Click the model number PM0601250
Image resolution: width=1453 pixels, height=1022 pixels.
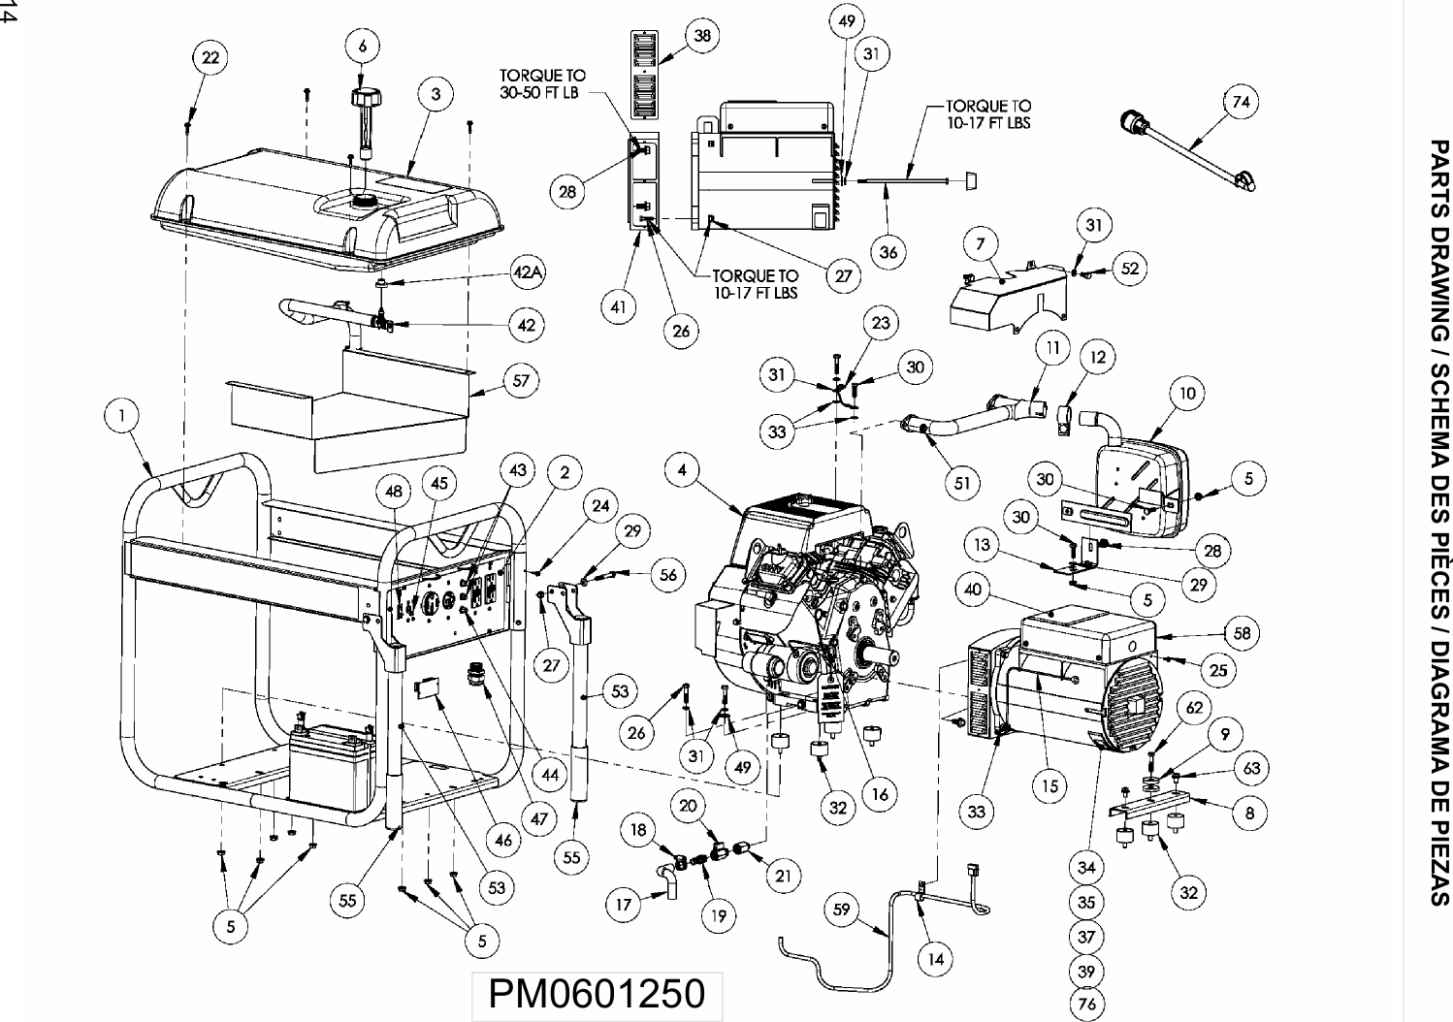pyautogui.click(x=596, y=994)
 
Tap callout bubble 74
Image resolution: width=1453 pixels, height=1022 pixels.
pyautogui.click(x=1241, y=102)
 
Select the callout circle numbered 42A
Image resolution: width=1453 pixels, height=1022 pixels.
pyautogui.click(x=527, y=272)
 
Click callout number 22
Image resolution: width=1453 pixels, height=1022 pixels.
pyautogui.click(x=210, y=57)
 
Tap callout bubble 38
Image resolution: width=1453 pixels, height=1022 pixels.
pyautogui.click(x=701, y=36)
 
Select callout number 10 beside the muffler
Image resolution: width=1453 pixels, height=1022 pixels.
pyautogui.click(x=1187, y=393)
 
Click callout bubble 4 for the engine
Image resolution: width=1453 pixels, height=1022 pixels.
pyautogui.click(x=683, y=470)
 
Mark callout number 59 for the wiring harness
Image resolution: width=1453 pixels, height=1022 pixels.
pyautogui.click(x=841, y=909)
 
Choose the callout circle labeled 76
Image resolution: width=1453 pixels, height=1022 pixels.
pyautogui.click(x=1086, y=1004)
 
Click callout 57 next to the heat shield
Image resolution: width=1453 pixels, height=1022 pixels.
pyautogui.click(x=521, y=381)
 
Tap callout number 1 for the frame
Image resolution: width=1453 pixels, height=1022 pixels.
pyautogui.click(x=122, y=415)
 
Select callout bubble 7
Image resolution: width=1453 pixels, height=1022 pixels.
pyautogui.click(x=982, y=242)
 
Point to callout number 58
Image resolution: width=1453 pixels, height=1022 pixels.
pyautogui.click(x=1242, y=633)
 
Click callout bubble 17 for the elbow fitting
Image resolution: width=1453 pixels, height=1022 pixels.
pyautogui.click(x=624, y=905)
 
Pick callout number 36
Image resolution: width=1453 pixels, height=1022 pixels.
pyautogui.click(x=888, y=252)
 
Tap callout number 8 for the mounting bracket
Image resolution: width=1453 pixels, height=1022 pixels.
pyautogui.click(x=1249, y=813)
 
